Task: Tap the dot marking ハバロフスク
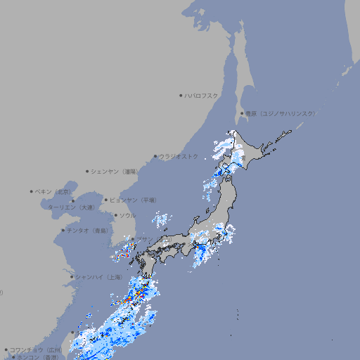tap(181, 95)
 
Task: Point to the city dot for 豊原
tap(243, 113)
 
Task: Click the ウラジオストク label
tap(179, 156)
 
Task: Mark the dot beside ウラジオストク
tap(156, 156)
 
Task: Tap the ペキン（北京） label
tap(54, 191)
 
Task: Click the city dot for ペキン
tap(32, 191)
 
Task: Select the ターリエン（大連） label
tap(71, 207)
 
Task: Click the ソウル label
tap(127, 215)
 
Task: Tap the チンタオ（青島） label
tap(88, 230)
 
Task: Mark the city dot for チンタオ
tap(63, 230)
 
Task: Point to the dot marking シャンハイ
tap(72, 277)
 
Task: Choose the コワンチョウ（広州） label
tap(36, 349)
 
